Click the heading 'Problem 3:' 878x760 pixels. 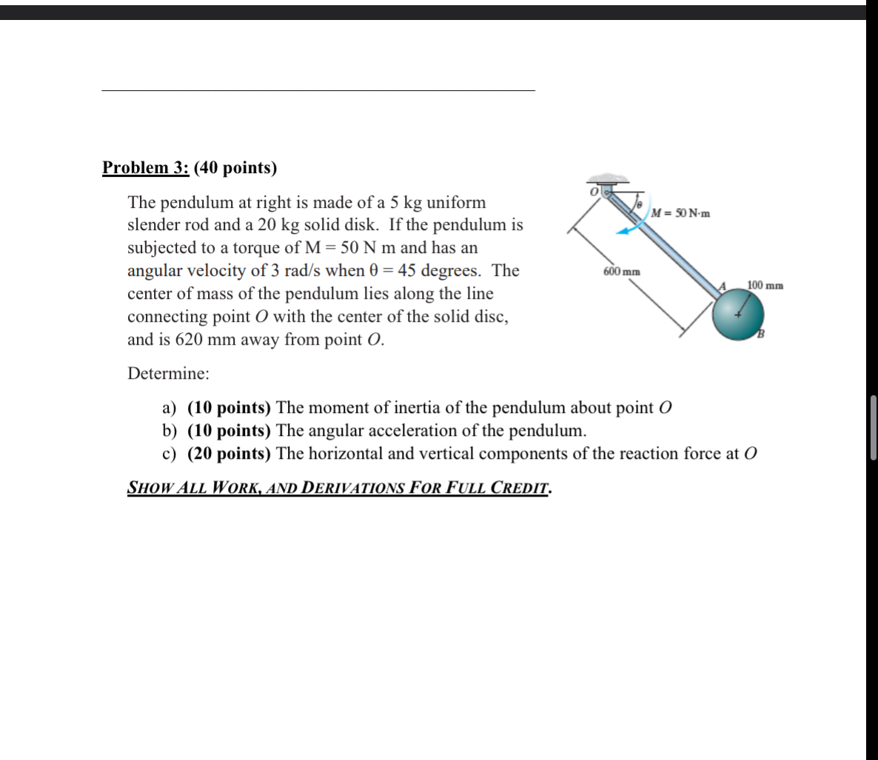coord(146,168)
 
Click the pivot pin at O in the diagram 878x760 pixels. coord(607,191)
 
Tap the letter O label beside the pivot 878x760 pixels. coord(593,191)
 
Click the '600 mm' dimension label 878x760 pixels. coord(622,272)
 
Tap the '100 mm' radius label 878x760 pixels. coord(765,285)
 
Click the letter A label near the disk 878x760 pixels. coord(725,286)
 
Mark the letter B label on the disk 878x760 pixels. coord(759,337)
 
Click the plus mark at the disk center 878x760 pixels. coord(737,315)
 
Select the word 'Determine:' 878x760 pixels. coord(168,374)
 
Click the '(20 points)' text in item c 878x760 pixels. coord(229,454)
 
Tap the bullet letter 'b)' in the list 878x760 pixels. coord(170,431)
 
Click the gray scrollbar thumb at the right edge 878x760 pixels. coord(874,428)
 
